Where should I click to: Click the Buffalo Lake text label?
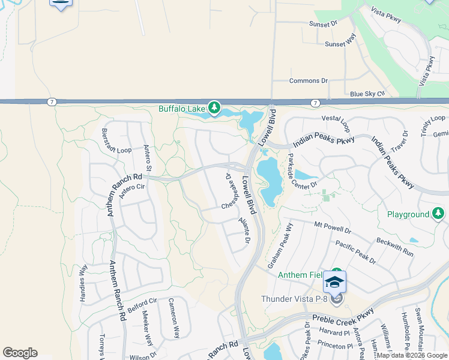(x=182, y=109)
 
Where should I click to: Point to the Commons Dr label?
(x=309, y=81)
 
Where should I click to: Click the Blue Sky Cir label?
(x=366, y=94)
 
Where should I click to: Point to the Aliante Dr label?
(x=243, y=230)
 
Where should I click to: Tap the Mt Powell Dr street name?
(x=332, y=227)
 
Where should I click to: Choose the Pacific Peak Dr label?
(x=355, y=252)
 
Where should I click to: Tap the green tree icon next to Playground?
(x=439, y=214)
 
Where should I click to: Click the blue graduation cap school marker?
(x=335, y=281)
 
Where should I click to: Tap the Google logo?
(x=20, y=353)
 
